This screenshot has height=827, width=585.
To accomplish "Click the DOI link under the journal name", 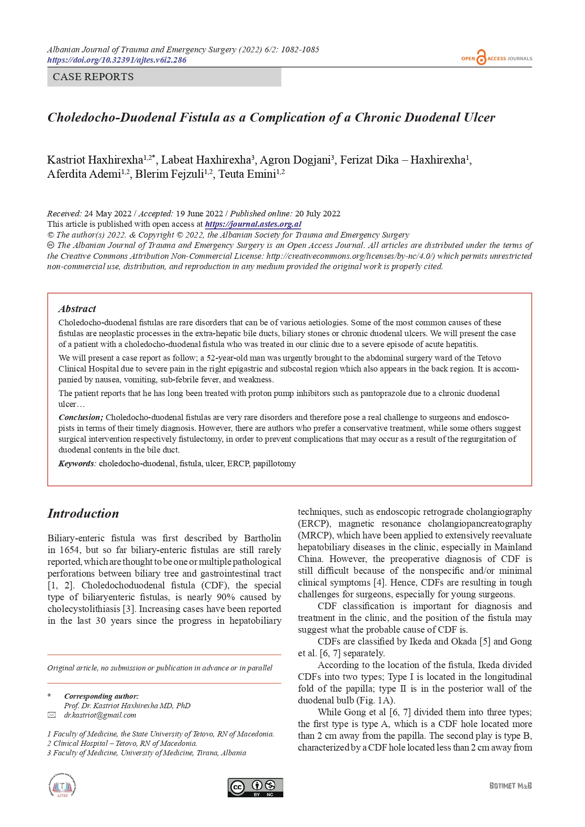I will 116,60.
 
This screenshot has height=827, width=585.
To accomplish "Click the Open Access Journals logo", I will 496,58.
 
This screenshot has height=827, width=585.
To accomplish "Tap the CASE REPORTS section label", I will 93,77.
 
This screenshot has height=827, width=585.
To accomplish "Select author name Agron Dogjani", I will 296,160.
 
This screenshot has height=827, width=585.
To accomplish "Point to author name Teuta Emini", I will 247,174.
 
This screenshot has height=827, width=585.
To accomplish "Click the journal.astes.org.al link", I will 253,224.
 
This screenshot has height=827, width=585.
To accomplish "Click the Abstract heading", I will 77,309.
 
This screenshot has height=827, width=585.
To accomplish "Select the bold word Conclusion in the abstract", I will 81,417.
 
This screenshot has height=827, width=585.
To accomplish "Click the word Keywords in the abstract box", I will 77,463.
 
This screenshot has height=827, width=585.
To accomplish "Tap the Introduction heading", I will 83,513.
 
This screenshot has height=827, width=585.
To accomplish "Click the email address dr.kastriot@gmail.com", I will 100,715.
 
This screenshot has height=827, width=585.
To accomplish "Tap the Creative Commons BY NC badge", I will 255,787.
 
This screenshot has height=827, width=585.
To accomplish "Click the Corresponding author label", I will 101,696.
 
